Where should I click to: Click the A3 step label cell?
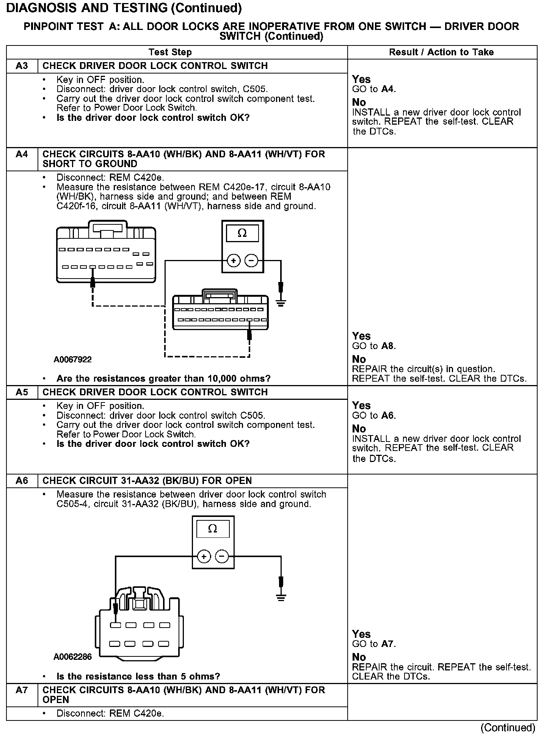(22, 66)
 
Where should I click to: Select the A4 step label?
(22, 155)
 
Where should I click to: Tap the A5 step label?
(22, 392)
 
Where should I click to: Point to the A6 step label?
(22, 481)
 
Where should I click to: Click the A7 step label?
(22, 690)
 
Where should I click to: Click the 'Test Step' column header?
(170, 52)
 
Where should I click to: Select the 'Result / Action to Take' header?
(441, 52)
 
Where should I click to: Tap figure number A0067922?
(73, 359)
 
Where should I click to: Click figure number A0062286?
(73, 657)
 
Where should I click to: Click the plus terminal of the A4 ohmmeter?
(234, 261)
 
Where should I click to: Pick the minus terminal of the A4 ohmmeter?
(251, 261)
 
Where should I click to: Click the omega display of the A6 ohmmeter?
(213, 529)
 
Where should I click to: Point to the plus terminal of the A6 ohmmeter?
(204, 557)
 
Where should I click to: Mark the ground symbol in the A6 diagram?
(281, 598)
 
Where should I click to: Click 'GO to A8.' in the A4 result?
(374, 346)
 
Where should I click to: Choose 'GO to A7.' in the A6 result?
(374, 644)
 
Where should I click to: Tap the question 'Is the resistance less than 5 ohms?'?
(138, 676)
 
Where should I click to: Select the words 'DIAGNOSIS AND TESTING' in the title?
(87, 8)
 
